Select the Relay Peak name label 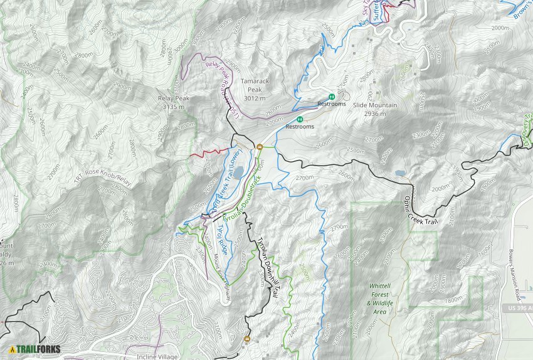pyautogui.click(x=174, y=98)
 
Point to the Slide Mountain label pyautogui.click(x=375, y=105)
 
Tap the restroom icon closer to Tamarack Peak pyautogui.click(x=300, y=119)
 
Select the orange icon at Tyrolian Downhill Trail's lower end pyautogui.click(x=246, y=340)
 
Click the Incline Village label pyautogui.click(x=157, y=356)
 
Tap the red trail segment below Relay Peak pyautogui.click(x=207, y=152)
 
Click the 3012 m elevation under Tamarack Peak pyautogui.click(x=255, y=98)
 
